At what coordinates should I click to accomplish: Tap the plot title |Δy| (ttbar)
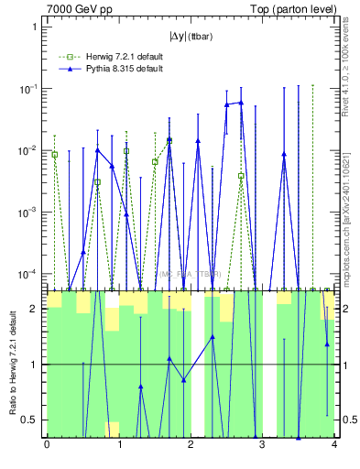click(x=190, y=37)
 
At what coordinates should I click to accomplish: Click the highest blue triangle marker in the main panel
click(x=241, y=103)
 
